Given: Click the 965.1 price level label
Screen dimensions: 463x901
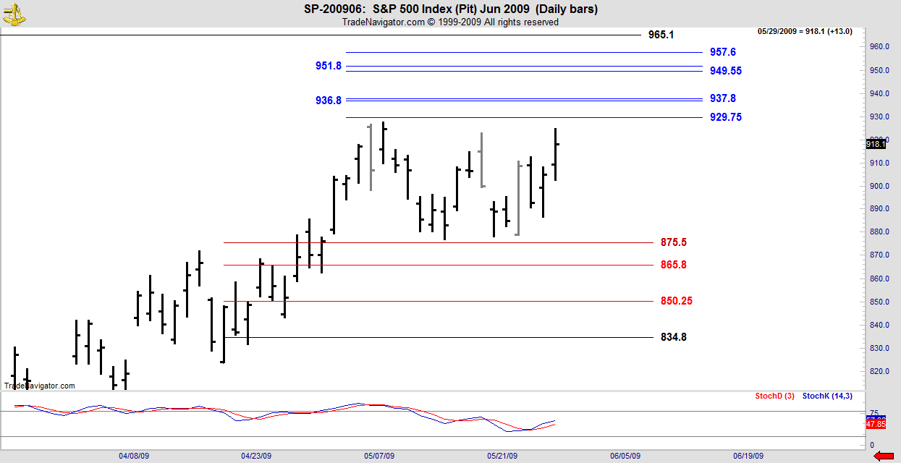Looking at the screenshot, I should [661, 35].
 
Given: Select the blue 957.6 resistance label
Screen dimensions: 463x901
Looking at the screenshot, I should [722, 52].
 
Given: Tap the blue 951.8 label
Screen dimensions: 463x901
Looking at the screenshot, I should [329, 66].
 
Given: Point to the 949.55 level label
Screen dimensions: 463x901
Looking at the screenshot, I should [725, 71].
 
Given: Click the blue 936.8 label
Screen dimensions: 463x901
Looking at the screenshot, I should [329, 101].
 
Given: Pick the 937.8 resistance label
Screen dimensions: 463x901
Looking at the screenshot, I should [722, 98].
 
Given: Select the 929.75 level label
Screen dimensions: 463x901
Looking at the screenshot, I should [725, 117].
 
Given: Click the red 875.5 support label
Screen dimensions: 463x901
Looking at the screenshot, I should [673, 242].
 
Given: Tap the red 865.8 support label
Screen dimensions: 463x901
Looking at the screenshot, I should [673, 265].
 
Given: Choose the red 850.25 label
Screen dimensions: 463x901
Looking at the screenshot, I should [676, 301].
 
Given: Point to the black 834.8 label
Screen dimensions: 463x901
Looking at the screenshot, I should [673, 337].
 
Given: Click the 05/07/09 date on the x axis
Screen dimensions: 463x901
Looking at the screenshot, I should [379, 456].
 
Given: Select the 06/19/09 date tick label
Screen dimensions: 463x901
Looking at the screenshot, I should [748, 456].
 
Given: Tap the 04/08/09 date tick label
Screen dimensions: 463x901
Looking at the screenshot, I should [134, 456].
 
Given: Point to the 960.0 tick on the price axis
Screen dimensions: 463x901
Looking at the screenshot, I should [879, 47].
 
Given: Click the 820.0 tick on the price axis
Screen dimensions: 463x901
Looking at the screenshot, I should [879, 371].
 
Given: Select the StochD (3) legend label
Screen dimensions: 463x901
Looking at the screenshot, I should [774, 396].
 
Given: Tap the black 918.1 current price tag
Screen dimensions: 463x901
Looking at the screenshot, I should [876, 144].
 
